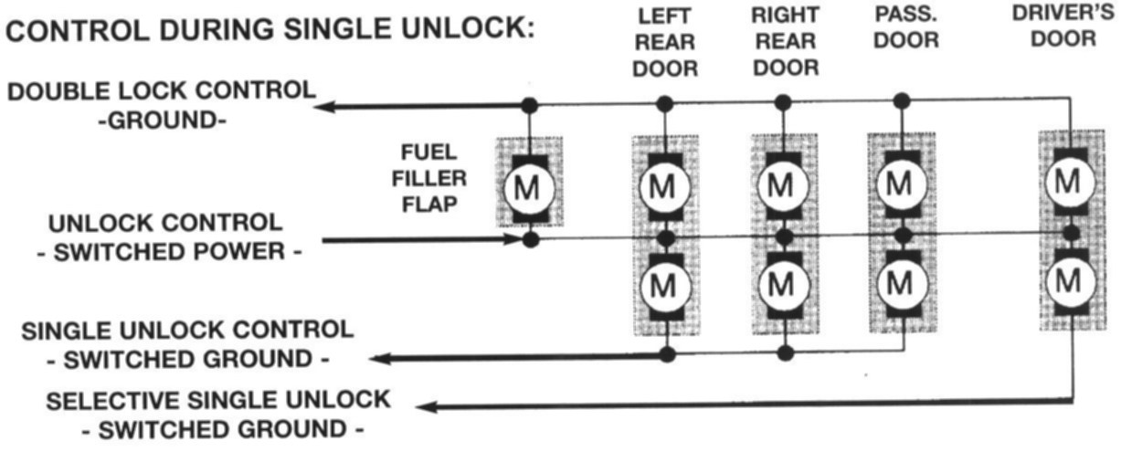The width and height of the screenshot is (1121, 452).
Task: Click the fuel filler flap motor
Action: (x=528, y=187)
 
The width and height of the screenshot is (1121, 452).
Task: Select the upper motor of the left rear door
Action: (x=666, y=185)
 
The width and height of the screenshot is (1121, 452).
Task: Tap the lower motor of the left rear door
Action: (x=666, y=286)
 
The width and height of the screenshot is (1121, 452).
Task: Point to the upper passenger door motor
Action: (x=901, y=185)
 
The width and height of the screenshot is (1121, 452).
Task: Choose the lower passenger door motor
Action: (x=901, y=286)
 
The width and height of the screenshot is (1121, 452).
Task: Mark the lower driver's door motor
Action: (x=1067, y=281)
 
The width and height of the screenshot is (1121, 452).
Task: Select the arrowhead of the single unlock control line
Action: (x=387, y=360)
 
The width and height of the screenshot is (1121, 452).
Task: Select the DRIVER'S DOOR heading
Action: (x=1066, y=26)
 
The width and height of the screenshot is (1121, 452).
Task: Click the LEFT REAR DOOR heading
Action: (x=665, y=42)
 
